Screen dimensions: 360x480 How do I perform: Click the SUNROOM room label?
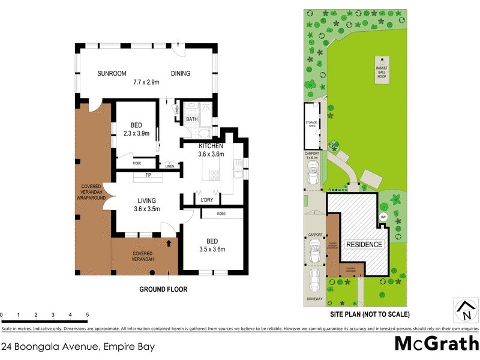pyautogui.click(x=112, y=74)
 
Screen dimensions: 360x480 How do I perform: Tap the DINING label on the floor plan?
pyautogui.click(x=180, y=74)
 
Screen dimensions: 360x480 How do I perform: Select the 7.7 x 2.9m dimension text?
pyautogui.click(x=146, y=82)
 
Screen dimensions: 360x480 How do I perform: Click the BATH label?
pyautogui.click(x=191, y=119)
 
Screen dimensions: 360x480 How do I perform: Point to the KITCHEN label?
pyautogui.click(x=211, y=146)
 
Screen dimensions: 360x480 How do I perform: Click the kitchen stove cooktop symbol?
pyautogui.click(x=213, y=175)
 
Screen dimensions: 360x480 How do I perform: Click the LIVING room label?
pyautogui.click(x=146, y=200)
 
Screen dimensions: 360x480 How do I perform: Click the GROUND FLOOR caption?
pyautogui.click(x=163, y=289)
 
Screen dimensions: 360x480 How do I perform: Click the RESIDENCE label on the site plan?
pyautogui.click(x=363, y=244)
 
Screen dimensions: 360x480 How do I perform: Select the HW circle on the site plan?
pyautogui.click(x=383, y=217)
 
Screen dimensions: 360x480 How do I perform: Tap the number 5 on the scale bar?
pyautogui.click(x=88, y=315)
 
